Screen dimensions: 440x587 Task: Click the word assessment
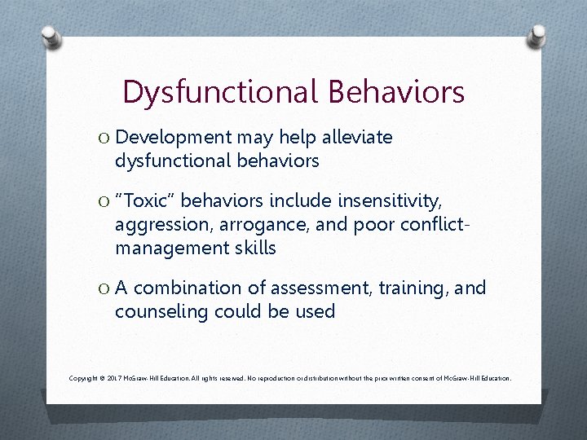click(320, 288)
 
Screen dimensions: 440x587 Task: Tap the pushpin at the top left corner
click(51, 37)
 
